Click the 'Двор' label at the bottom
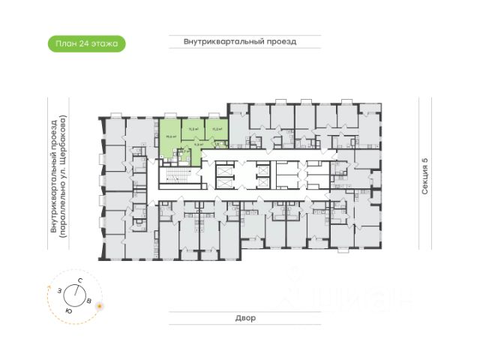(244, 318)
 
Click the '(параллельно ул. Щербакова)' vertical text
(64, 176)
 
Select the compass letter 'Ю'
(68, 309)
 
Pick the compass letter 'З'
(58, 289)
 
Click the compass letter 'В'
(89, 301)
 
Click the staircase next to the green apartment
(175, 177)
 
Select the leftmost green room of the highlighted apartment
(170, 136)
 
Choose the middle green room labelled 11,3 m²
(193, 130)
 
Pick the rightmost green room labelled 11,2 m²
(216, 130)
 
